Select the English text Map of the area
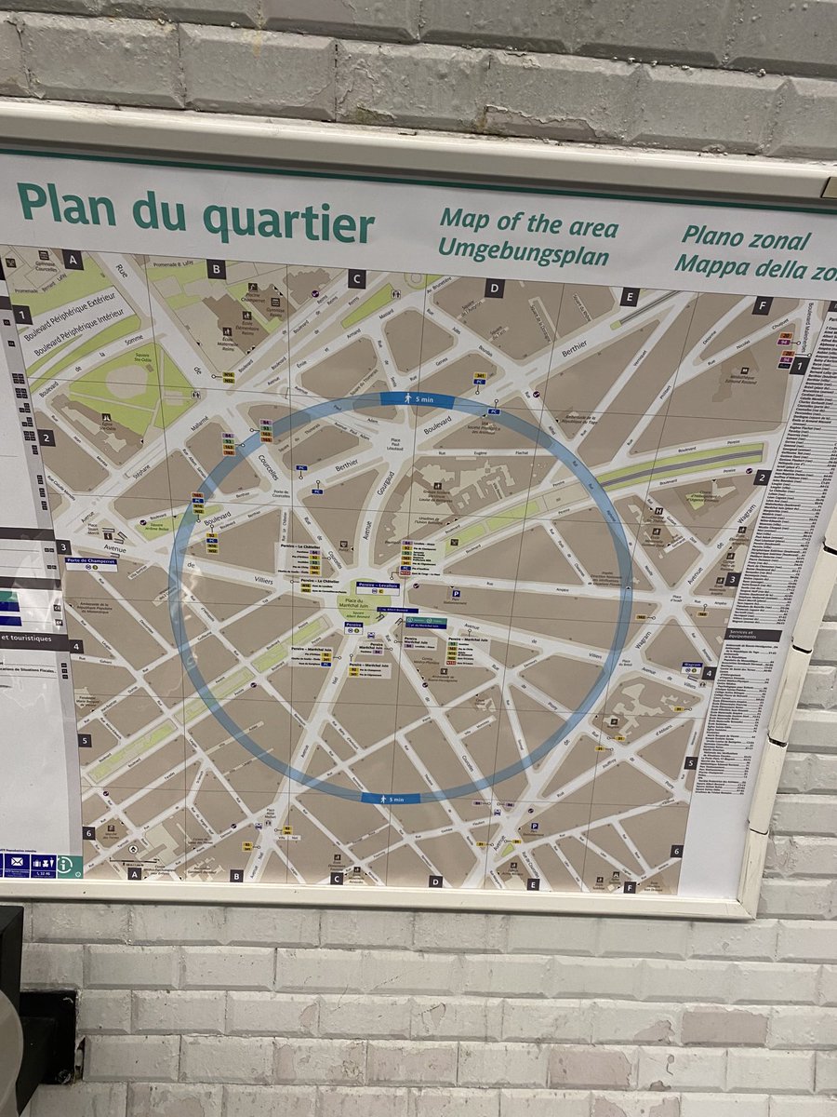pos(528,223)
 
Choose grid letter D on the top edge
pos(494,289)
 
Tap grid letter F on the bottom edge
pos(630,887)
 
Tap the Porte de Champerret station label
pos(91,562)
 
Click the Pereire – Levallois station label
pos(378,585)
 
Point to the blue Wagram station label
pos(691,666)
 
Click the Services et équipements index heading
pos(751,635)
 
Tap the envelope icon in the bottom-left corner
pos(16,865)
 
